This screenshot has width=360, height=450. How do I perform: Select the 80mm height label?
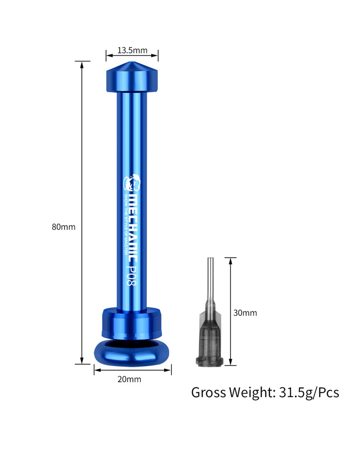point(63,227)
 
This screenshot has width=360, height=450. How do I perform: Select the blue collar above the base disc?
point(132,321)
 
